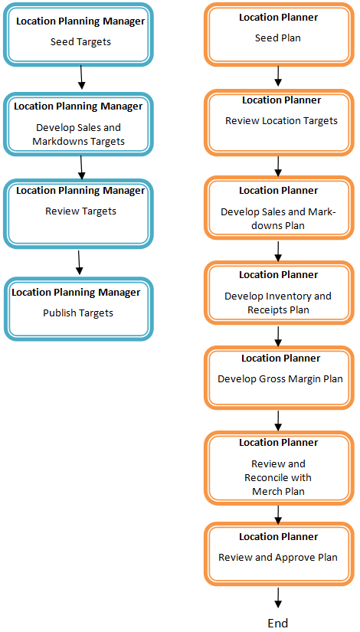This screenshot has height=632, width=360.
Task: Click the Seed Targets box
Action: pos(80,34)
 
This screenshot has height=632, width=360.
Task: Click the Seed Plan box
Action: pos(280,34)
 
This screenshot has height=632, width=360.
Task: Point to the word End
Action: pos(278,623)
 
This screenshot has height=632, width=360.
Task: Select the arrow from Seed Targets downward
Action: pos(80,77)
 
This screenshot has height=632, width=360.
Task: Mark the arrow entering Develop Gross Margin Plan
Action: pos(279,335)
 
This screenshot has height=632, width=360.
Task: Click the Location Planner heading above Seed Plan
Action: pos(279,17)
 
